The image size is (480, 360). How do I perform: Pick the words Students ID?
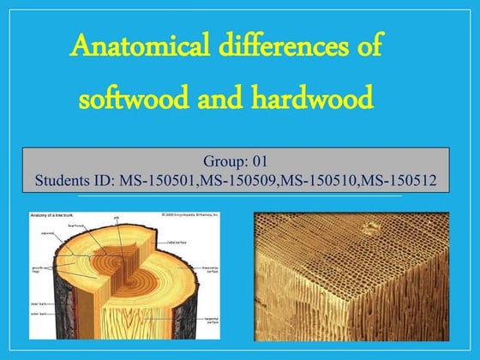point(75,181)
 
